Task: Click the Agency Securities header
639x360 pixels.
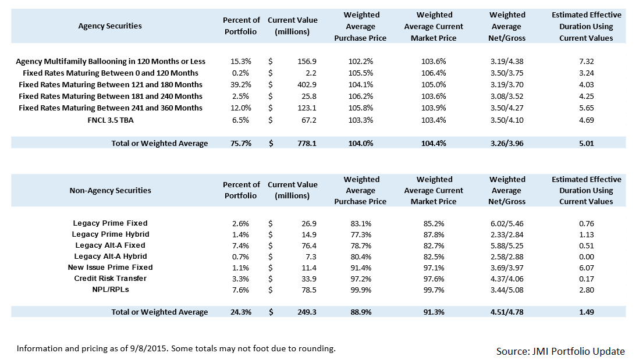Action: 110,26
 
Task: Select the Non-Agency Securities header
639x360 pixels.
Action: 110,190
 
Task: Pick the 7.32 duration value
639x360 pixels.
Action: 586,61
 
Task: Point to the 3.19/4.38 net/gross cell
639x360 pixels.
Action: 507,61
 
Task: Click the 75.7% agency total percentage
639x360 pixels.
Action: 240,143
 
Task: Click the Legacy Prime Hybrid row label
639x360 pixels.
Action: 110,234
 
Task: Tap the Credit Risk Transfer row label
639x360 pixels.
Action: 110,279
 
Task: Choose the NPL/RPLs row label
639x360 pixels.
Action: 110,290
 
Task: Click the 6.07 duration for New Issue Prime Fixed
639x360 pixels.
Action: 586,268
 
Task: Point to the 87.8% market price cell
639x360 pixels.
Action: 434,234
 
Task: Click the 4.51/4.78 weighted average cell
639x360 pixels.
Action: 507,312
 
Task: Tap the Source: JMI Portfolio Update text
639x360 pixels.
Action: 560,351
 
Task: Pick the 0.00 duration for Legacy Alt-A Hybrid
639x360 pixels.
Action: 586,256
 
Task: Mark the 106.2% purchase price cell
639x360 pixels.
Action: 360,96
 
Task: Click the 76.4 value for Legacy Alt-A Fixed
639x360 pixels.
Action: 307,245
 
